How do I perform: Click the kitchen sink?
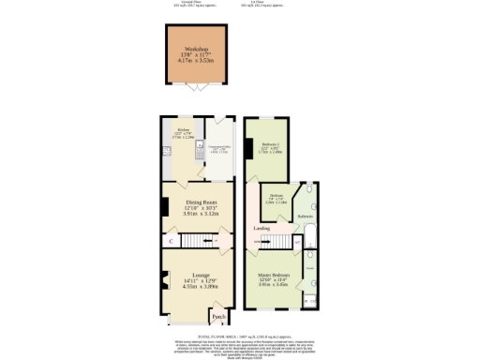(200, 151)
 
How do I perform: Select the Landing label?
(263, 228)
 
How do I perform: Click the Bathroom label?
(306, 217)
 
